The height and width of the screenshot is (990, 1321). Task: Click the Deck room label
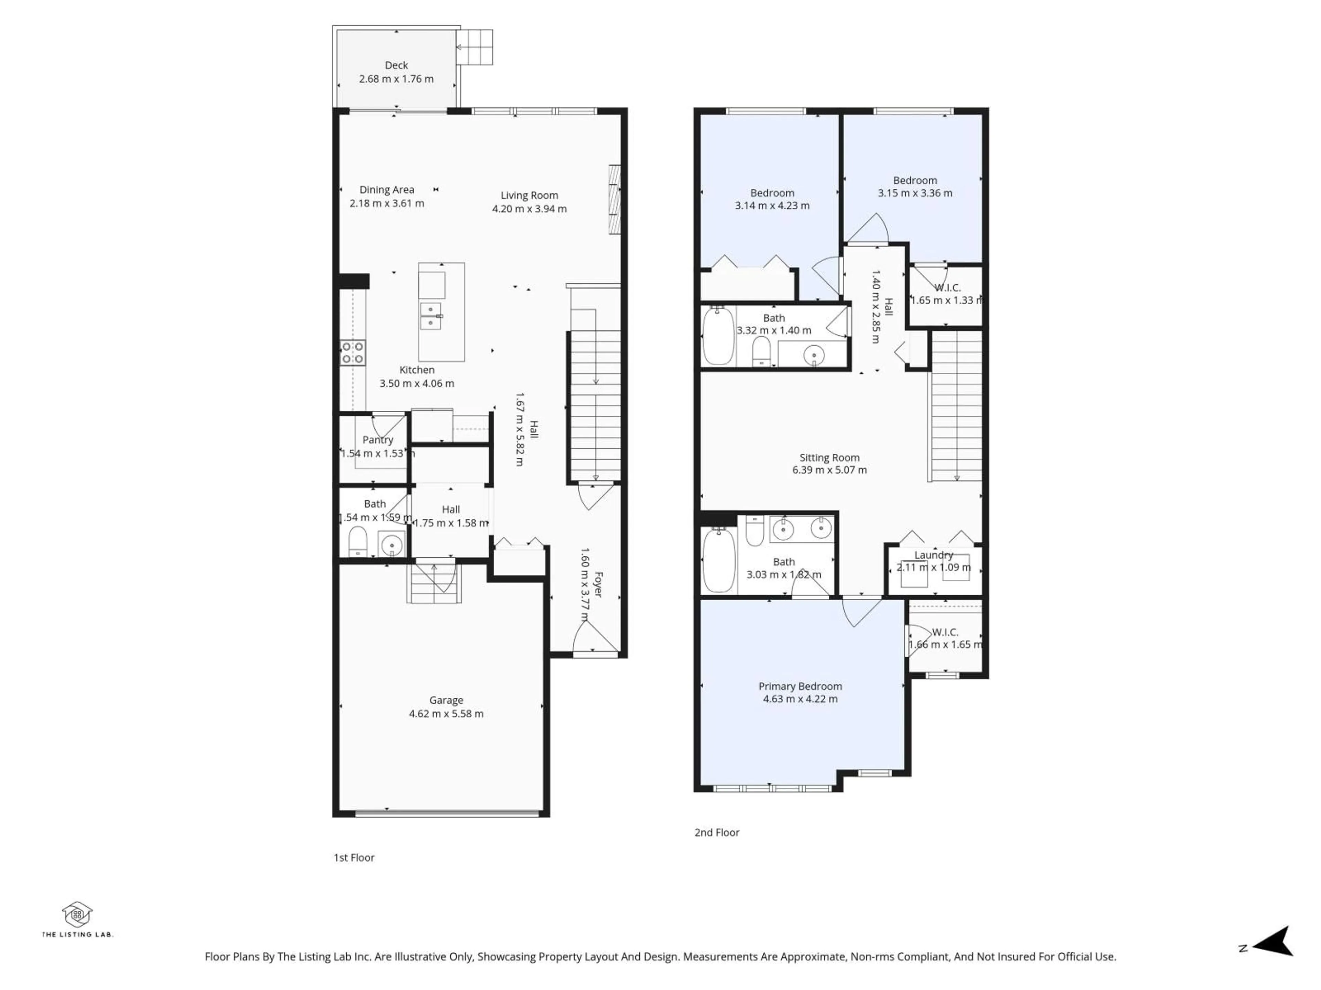(x=396, y=65)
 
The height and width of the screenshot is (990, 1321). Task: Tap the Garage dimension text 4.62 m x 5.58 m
(x=446, y=714)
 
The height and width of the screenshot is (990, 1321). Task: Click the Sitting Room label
(x=829, y=458)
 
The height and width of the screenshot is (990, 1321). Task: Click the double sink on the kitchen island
(x=431, y=316)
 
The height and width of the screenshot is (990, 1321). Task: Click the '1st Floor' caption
(x=354, y=858)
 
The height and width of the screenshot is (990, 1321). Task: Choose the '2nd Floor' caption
(x=717, y=833)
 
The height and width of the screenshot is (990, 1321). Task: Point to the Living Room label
(x=529, y=195)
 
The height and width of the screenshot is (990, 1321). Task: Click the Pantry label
(x=377, y=440)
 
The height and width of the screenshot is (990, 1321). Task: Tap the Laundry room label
(x=933, y=555)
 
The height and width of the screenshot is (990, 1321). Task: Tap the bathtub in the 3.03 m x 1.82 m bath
(x=718, y=561)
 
